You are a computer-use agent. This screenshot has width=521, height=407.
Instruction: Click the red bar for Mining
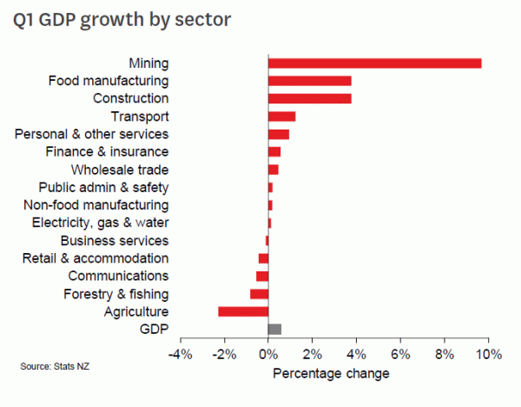pos(374,63)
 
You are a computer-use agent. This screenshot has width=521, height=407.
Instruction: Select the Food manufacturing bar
pos(310,81)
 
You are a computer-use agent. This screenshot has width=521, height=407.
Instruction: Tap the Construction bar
pos(310,98)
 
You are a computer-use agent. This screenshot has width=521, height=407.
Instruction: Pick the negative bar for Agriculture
pos(243,311)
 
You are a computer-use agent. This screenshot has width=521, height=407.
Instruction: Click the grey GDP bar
pos(275,329)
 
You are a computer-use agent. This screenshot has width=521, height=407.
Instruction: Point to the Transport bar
pos(282,117)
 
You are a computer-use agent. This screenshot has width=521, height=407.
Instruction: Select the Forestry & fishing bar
pos(260,294)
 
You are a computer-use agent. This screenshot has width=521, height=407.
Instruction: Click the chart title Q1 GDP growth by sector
pos(122,19)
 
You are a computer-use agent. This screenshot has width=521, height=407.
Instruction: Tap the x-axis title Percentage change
pos(331,374)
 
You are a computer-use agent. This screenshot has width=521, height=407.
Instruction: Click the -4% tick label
pos(180,355)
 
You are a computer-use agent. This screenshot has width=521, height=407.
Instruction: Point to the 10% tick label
pos(488,355)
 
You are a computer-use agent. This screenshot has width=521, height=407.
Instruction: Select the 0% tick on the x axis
pos(268,355)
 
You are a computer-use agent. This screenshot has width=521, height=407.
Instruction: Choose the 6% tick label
pos(400,355)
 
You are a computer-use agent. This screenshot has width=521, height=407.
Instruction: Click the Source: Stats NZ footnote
pos(55,367)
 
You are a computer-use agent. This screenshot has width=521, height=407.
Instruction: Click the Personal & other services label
pos(92,134)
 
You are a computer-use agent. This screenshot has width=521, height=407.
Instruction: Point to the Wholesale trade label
pos(120,170)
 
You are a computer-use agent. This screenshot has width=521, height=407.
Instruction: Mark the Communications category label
pos(112,276)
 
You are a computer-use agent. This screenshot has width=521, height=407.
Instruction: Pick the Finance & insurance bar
pos(274,151)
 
